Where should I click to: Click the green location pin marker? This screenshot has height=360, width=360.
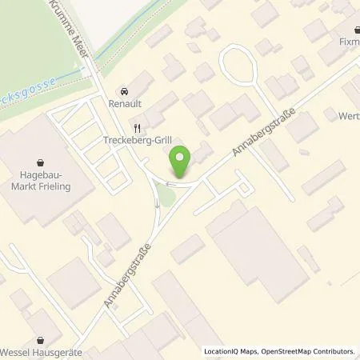tap(182, 162)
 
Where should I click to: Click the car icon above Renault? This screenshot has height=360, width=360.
tap(123, 91)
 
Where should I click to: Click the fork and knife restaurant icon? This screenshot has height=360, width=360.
tap(137, 126)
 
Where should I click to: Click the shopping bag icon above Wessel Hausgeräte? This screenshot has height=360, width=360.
tap(37, 338)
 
